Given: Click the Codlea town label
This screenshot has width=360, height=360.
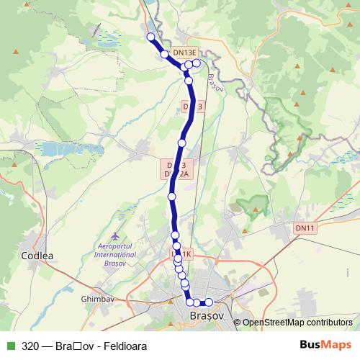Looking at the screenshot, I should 37,255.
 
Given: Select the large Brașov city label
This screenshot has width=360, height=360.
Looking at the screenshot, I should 205,316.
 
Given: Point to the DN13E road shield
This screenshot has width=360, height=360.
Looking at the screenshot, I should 184,53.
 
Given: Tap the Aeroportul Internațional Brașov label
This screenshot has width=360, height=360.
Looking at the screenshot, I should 116,254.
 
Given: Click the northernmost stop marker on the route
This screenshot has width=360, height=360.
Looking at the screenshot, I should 150,37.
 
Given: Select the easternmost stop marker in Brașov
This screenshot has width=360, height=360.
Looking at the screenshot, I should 210,302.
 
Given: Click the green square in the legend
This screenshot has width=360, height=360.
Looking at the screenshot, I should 10,345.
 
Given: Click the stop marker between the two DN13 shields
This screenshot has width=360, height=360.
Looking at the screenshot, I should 182,143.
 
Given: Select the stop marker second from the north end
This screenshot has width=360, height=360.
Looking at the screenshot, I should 164,54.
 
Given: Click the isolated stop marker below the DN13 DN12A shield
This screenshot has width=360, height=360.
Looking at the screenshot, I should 172,196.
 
